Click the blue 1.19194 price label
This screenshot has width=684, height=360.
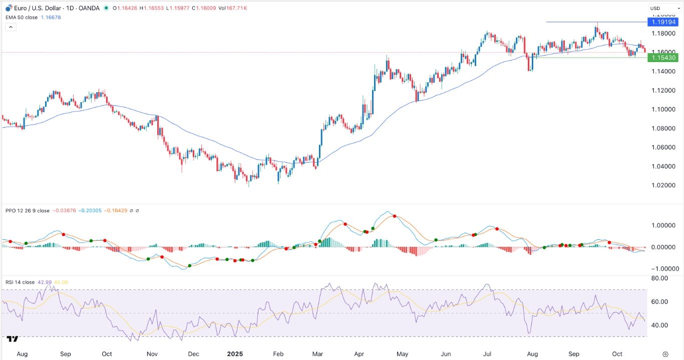tap(662, 22)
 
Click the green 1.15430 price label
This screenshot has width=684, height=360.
tap(662, 58)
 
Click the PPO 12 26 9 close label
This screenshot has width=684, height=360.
tap(28, 211)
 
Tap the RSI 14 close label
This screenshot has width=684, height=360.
tap(20, 282)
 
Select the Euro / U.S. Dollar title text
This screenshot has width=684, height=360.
tap(40, 8)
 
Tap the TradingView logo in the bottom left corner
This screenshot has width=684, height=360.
tap(14, 339)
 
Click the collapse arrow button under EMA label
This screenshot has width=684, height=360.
tap(11, 27)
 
